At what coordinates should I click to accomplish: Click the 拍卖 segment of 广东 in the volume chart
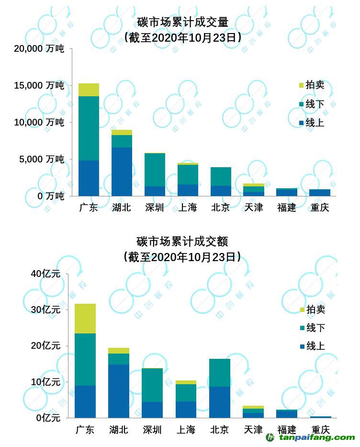89,90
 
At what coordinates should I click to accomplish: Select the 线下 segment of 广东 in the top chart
89,128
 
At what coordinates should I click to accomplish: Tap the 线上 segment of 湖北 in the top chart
122,172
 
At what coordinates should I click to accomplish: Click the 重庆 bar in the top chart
320,193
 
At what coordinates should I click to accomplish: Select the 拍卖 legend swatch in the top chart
301,85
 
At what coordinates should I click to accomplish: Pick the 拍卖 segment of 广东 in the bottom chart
85,318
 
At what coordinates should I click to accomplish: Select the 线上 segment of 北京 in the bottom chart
220,402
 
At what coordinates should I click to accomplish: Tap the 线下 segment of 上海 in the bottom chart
186,392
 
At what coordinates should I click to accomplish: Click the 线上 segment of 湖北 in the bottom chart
118,391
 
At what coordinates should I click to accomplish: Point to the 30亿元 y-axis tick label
45,309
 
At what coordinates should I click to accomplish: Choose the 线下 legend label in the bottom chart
315,328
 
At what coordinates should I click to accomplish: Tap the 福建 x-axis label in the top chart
286,207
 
